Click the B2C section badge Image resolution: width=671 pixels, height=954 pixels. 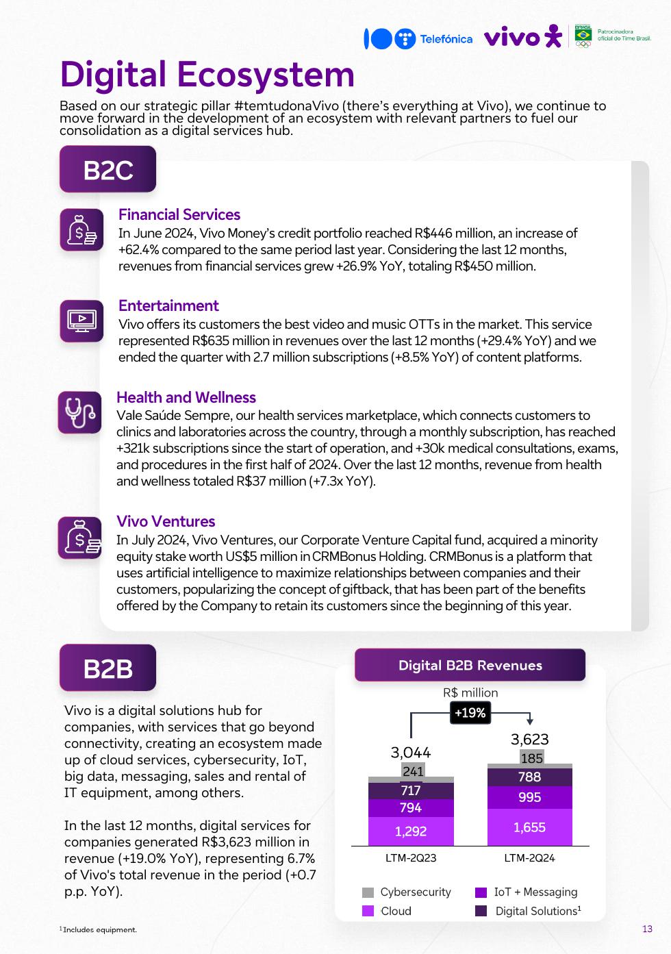(x=107, y=170)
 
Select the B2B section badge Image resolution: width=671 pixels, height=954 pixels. (x=107, y=668)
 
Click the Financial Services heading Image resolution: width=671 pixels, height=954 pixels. (x=179, y=214)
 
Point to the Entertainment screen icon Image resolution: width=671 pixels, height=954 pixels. (x=81, y=321)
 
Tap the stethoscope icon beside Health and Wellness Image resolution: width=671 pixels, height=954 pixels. (x=80, y=412)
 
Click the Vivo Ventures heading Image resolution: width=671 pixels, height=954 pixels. (x=166, y=521)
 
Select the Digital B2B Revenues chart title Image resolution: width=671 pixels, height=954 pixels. (x=470, y=665)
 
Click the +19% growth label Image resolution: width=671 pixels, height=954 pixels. (x=470, y=713)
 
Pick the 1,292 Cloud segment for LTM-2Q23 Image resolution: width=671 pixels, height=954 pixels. (x=411, y=831)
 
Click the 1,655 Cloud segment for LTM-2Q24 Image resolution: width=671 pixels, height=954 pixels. (x=529, y=827)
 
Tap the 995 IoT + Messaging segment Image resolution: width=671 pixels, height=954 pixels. (x=529, y=797)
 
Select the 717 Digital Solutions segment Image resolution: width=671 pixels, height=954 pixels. (x=411, y=790)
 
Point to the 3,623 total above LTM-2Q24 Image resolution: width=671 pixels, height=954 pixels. (x=529, y=740)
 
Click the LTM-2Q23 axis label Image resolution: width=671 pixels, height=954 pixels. (x=411, y=857)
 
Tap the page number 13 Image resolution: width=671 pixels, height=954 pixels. (x=647, y=929)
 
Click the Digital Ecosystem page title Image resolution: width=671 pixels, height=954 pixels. (x=207, y=75)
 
